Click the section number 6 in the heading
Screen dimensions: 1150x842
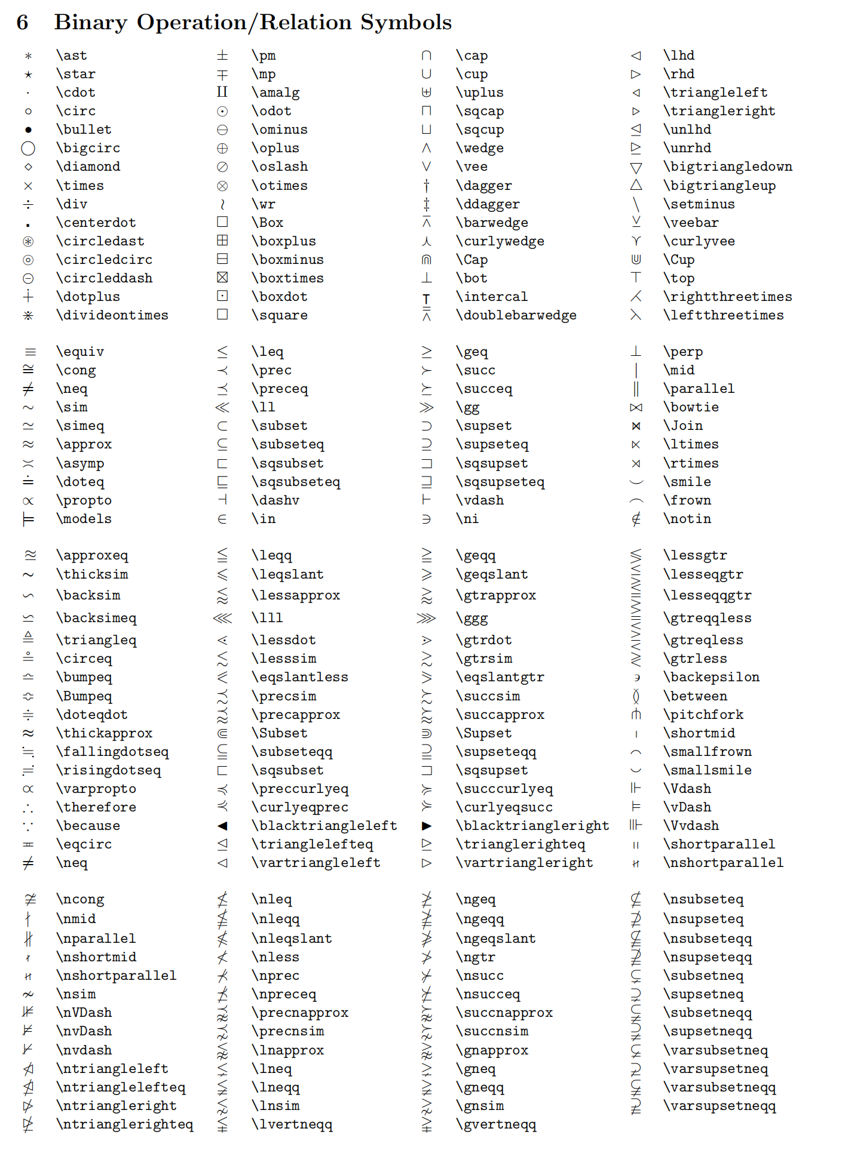22,23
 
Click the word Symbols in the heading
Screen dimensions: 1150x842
406,23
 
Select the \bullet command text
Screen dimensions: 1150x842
84,130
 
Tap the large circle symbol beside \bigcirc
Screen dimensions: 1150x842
28,148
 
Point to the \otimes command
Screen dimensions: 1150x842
279,186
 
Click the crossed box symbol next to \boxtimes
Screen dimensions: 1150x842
222,278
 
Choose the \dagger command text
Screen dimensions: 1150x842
483,186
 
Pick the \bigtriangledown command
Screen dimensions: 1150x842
727,167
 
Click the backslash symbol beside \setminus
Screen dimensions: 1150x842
636,204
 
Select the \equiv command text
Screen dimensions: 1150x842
80,352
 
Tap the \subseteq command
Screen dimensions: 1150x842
287,444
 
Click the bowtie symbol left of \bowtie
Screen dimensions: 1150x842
636,407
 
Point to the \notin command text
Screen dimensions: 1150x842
687,519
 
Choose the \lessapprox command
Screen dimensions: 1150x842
295,595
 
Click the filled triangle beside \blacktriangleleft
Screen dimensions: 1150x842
222,826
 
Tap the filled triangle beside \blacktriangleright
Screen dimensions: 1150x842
427,826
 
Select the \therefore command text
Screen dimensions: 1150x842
96,807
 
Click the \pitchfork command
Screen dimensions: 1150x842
703,715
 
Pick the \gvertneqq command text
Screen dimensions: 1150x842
495,1124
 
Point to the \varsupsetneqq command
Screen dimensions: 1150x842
719,1106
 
